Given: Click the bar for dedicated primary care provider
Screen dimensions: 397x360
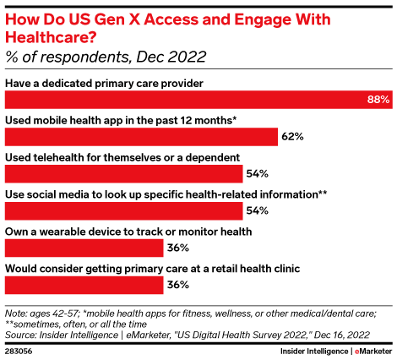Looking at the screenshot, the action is (198, 100).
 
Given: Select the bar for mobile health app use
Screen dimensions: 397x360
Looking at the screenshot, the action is (141, 137).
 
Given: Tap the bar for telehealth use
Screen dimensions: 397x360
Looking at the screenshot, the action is (124, 174).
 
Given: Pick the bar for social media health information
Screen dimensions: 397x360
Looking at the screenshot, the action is (124, 211).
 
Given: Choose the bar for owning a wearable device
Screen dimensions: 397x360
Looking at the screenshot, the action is (84, 248).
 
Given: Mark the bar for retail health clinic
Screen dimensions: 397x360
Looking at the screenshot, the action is (84, 285).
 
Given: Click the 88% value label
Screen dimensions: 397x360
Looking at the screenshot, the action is (378, 100).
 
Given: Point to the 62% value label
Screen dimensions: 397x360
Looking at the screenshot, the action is (292, 137).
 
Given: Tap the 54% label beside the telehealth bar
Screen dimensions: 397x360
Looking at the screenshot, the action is (258, 174).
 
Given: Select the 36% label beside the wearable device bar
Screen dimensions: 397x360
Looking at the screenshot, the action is (178, 248).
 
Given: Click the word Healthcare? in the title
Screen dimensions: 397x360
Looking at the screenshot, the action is (51, 37).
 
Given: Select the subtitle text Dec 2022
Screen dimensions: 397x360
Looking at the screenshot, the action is (171, 57).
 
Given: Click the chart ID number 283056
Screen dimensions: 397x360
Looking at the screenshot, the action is (19, 352).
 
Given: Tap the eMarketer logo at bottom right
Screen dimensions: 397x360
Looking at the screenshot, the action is (373, 352).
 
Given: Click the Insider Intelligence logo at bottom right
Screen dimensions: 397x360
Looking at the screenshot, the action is (314, 352).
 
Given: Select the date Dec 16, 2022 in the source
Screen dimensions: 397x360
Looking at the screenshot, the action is (342, 335).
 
